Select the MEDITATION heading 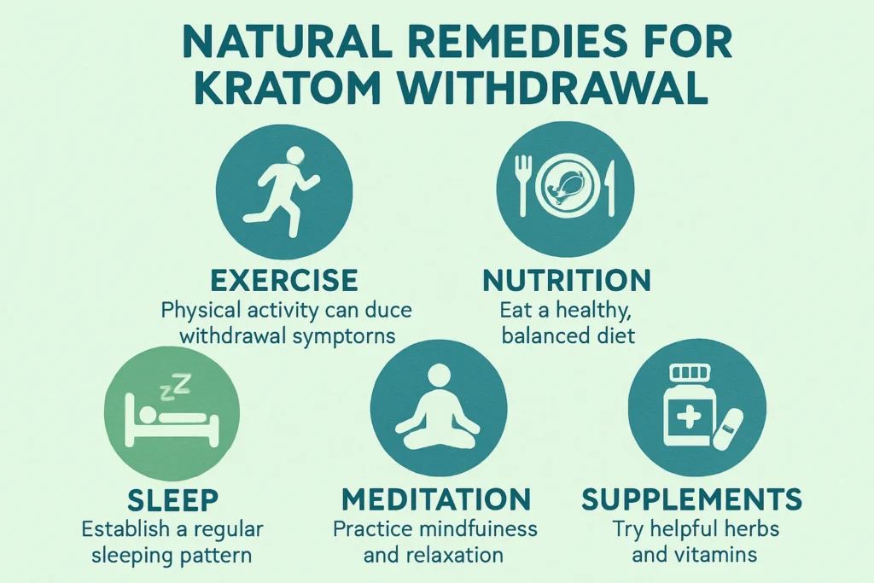435,498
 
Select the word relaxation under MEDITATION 458,555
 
